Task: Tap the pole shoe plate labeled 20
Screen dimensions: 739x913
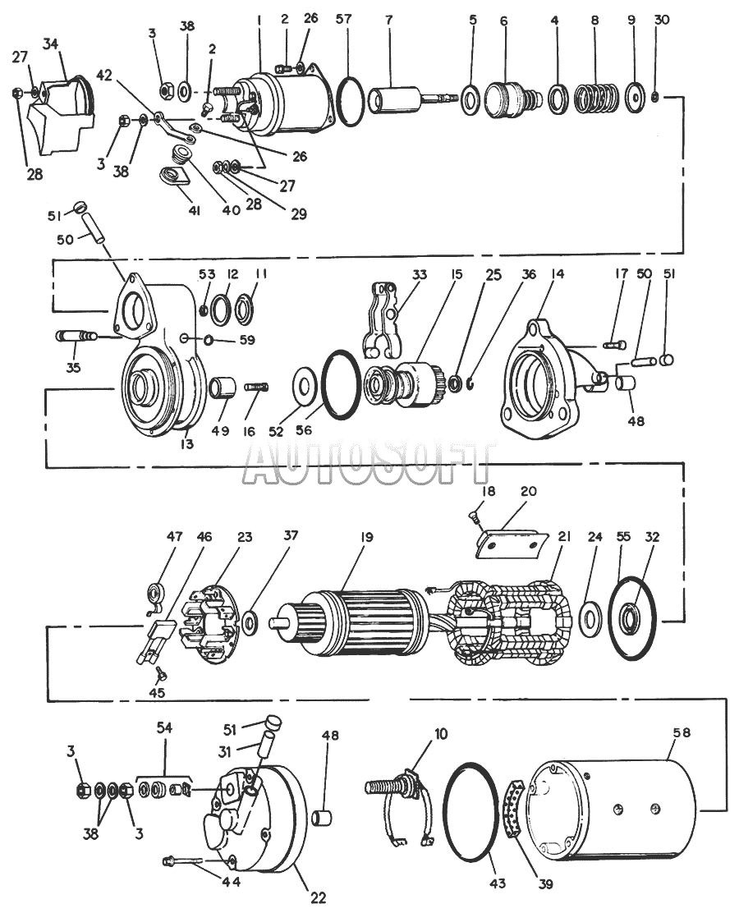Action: click(513, 544)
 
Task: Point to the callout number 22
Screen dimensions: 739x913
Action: click(318, 897)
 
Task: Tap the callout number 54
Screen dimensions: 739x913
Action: click(164, 727)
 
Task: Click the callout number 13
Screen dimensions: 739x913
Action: click(187, 443)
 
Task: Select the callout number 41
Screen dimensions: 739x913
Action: click(194, 211)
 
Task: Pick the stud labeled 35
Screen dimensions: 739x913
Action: click(76, 337)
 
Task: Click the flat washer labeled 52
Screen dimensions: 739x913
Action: click(305, 385)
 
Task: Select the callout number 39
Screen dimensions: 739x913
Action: click(545, 884)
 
